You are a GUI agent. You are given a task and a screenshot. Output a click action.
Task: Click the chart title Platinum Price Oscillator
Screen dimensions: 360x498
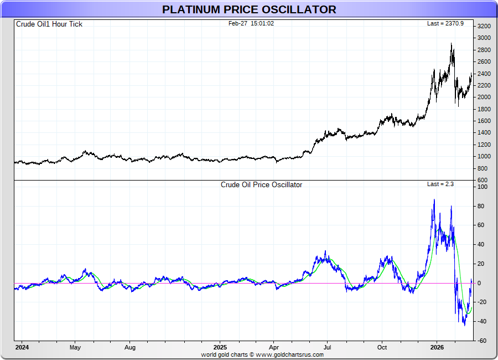click(249, 9)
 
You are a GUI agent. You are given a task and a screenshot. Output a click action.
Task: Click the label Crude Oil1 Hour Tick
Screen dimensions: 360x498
click(49, 24)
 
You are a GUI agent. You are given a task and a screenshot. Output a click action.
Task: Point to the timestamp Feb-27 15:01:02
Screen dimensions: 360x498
click(251, 23)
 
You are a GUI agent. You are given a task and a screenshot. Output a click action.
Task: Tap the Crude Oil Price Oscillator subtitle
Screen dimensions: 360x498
click(261, 184)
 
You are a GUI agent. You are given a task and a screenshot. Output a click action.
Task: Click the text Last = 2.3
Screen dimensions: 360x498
click(440, 184)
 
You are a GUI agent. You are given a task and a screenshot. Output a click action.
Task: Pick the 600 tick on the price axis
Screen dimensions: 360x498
click(483, 180)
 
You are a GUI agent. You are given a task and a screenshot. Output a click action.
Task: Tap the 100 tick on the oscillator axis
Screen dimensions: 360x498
click(483, 187)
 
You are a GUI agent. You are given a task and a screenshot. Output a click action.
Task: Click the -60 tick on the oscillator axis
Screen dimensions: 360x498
click(483, 341)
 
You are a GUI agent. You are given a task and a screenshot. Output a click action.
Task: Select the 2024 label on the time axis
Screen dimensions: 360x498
click(22, 347)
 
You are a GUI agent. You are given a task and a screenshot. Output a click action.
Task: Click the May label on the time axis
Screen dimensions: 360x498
click(75, 347)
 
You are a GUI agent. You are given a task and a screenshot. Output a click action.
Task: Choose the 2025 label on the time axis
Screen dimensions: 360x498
click(220, 347)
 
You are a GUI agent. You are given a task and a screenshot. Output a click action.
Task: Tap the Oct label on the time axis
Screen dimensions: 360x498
click(382, 347)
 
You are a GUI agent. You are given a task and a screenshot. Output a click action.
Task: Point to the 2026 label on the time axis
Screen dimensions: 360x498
click(437, 347)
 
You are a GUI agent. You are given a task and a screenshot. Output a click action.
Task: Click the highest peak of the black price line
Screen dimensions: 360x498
click(452, 44)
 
